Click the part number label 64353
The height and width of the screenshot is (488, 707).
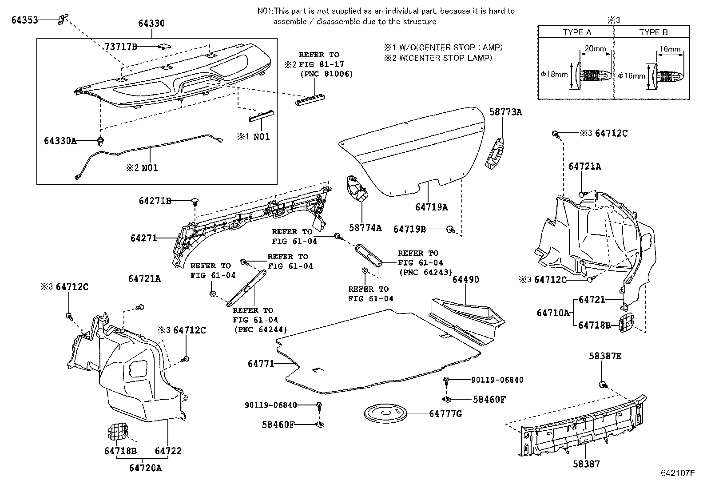(24, 20)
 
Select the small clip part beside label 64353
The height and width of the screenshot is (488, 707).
(63, 19)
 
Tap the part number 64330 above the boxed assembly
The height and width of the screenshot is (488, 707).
(151, 24)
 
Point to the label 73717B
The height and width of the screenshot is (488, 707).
(120, 47)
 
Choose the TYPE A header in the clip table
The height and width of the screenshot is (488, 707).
(577, 32)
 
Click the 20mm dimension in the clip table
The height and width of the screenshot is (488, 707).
(595, 48)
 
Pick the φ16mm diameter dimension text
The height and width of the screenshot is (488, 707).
(631, 76)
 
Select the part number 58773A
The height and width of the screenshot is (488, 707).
(506, 112)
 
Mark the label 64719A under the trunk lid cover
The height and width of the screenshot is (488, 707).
(432, 207)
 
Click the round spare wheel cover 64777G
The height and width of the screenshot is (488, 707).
(385, 413)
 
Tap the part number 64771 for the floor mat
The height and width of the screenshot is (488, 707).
(261, 364)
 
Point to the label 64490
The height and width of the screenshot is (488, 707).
(465, 279)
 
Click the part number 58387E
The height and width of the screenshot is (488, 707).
(605, 356)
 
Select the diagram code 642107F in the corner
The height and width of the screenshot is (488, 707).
(678, 472)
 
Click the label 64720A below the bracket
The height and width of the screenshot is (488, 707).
(146, 468)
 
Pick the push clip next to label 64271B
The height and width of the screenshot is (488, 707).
(195, 202)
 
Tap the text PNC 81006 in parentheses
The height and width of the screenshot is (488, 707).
(326, 74)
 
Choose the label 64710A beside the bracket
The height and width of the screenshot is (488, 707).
(553, 313)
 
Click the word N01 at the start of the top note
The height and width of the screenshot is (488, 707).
(265, 11)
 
